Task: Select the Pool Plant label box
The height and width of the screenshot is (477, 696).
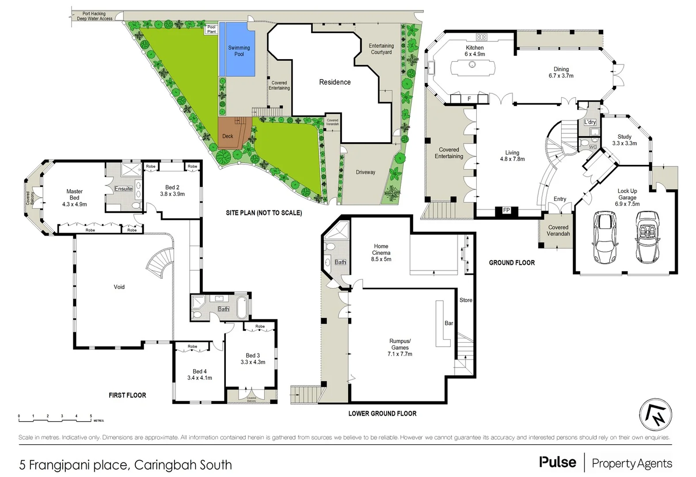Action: [x=212, y=29]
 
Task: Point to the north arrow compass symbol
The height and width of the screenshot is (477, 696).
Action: [x=656, y=414]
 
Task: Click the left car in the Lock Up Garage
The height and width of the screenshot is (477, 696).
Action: [x=604, y=237]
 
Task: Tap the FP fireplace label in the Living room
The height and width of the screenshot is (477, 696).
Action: [x=506, y=211]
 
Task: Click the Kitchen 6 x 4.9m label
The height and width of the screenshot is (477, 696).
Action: [x=475, y=51]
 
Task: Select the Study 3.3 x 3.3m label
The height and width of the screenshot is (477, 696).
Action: [x=624, y=140]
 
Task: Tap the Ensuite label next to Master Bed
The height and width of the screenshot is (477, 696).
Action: [x=124, y=189]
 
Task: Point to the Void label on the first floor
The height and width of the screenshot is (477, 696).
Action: [x=119, y=287]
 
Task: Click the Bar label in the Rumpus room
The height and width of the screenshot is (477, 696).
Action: [x=449, y=323]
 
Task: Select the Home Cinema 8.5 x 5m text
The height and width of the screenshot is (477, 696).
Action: [x=381, y=253]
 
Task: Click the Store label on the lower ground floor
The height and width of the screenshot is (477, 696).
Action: [x=466, y=300]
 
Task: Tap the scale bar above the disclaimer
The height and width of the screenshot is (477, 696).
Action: [x=55, y=416]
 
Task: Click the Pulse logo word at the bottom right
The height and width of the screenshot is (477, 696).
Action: [x=558, y=462]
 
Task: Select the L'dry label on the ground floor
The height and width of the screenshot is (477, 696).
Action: [x=590, y=122]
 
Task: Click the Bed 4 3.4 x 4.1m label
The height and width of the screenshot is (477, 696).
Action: [x=200, y=375]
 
